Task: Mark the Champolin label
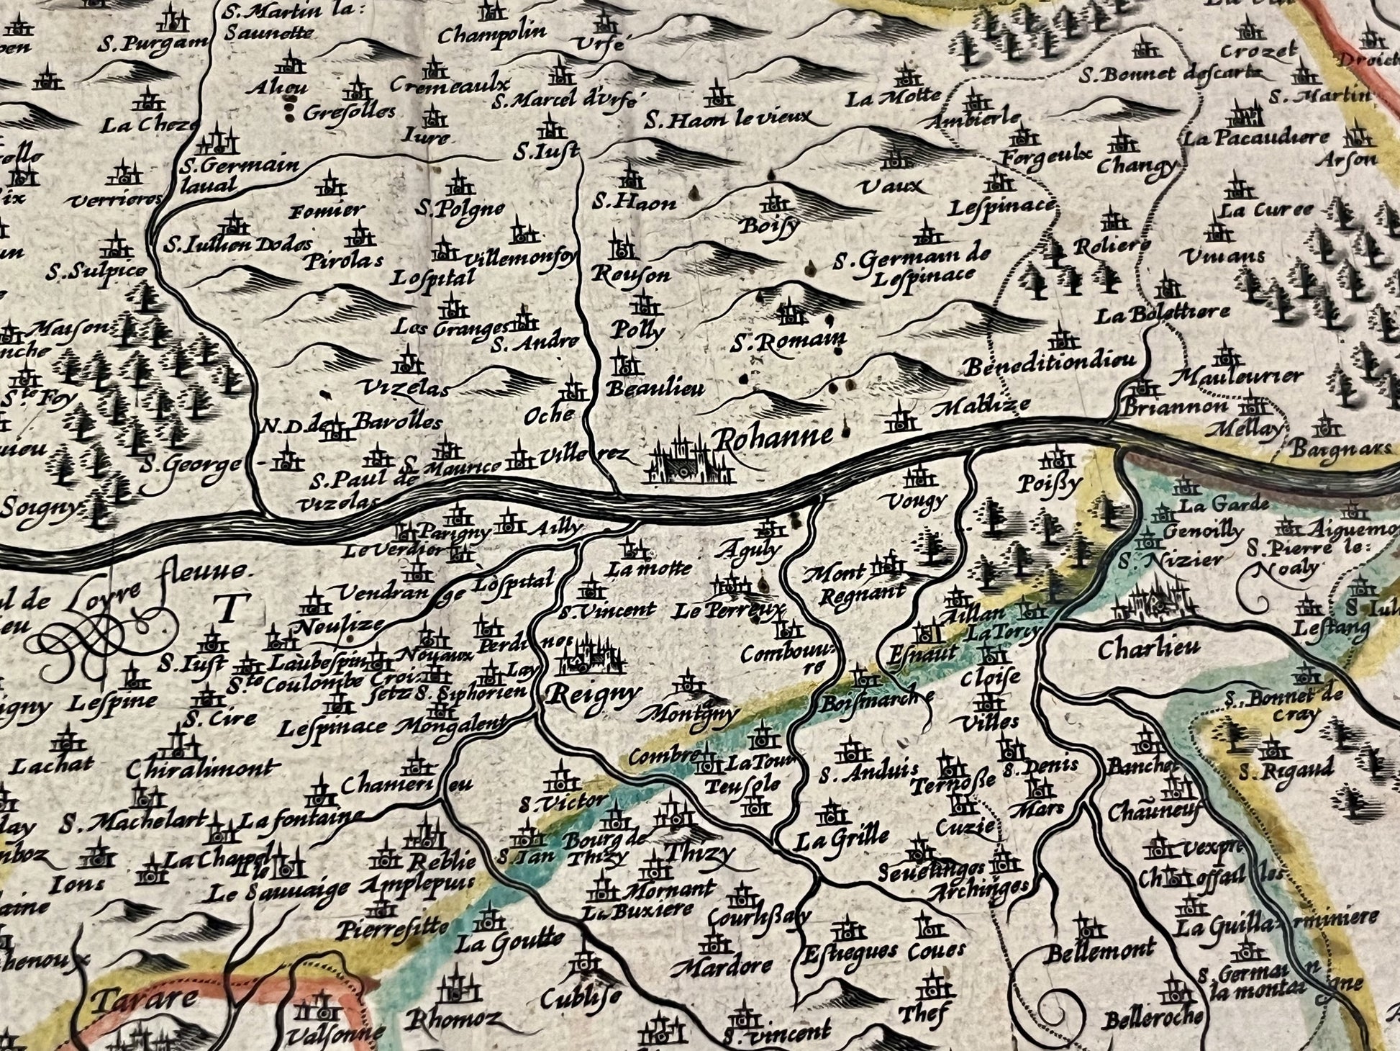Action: [x=491, y=34]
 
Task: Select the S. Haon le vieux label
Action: [x=727, y=119]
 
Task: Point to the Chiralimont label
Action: [x=201, y=768]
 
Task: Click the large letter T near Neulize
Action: [x=228, y=610]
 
